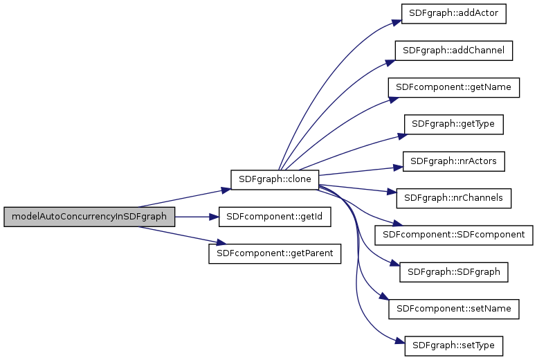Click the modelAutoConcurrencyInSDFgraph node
(x=89, y=217)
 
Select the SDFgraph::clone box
(x=275, y=179)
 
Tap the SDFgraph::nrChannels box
(x=454, y=198)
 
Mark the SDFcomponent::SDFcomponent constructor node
(x=454, y=235)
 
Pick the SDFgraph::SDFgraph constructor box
(x=454, y=272)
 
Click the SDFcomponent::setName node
(x=454, y=309)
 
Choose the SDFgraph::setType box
(x=454, y=345)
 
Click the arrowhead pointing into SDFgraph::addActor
(x=399, y=21)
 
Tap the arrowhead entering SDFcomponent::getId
(x=215, y=217)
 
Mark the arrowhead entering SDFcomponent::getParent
(x=222, y=243)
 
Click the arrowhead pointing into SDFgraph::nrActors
(x=399, y=167)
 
